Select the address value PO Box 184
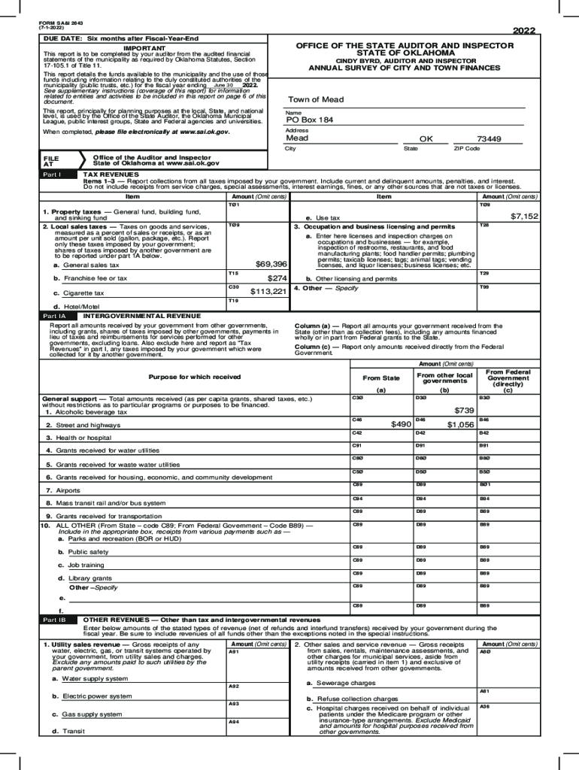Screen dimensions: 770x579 310,120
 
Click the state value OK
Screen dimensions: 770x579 426,139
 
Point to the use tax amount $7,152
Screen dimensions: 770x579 523,216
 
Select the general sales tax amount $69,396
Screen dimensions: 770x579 271,264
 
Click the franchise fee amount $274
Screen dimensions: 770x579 278,277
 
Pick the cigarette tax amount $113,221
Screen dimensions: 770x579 268,291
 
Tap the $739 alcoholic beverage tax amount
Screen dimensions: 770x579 464,410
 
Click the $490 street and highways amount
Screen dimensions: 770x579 401,424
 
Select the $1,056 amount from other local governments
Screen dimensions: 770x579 459,424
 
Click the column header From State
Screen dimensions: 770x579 381,378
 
